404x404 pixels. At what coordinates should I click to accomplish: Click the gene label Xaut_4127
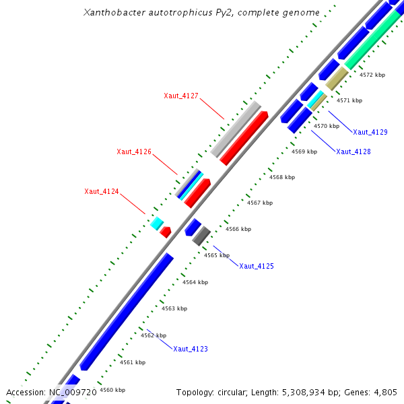(x=181, y=96)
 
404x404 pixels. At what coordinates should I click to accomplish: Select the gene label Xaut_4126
(x=134, y=151)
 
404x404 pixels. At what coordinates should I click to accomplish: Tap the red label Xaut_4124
(x=102, y=192)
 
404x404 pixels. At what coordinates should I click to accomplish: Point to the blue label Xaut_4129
(x=370, y=132)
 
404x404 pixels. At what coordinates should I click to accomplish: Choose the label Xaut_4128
(x=353, y=151)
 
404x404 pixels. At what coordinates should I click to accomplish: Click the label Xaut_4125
(x=257, y=266)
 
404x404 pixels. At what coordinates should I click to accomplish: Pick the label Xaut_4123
(x=191, y=349)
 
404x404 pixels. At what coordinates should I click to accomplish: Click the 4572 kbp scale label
(x=372, y=75)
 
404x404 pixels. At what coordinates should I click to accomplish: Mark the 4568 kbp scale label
(x=282, y=177)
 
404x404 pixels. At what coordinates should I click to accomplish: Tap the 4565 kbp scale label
(x=217, y=255)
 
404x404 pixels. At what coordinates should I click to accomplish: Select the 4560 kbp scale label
(x=112, y=390)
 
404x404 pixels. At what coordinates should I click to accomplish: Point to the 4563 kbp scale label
(x=174, y=308)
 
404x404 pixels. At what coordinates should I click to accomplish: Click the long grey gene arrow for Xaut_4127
(x=236, y=129)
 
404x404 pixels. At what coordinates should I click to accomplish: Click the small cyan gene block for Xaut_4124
(x=157, y=222)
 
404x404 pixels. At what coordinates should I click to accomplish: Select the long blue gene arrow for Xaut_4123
(x=127, y=311)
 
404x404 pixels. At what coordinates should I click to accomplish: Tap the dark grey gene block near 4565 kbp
(x=201, y=236)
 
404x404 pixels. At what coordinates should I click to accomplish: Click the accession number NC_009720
(x=73, y=392)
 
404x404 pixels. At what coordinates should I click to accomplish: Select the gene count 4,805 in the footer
(x=386, y=392)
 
